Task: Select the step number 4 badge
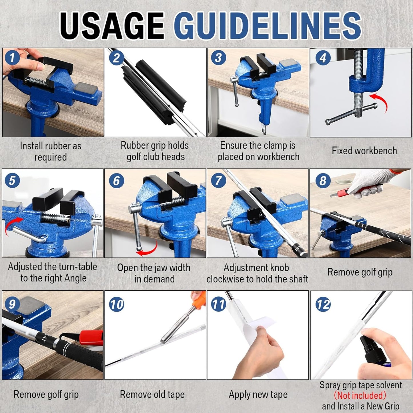pos(323,58)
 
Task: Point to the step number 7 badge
pos(219,181)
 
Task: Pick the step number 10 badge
pos(117,304)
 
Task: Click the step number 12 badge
pos(323,304)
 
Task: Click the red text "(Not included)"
pos(360,396)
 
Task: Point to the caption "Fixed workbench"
pos(364,151)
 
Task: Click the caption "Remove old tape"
pos(152,394)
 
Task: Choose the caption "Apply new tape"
pos(258,394)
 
